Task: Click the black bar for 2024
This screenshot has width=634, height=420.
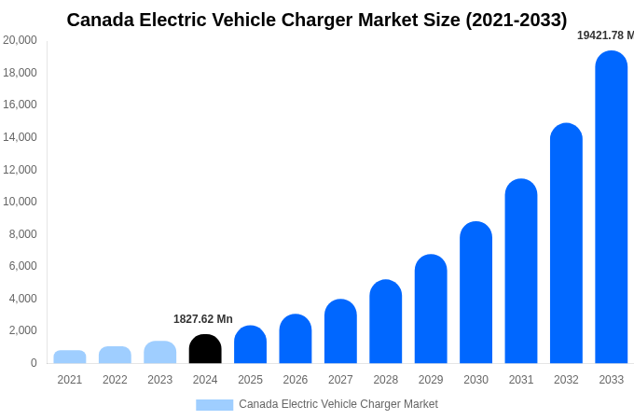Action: (205, 349)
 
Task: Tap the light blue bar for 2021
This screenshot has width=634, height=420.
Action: (70, 357)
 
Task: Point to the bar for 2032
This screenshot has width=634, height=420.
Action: (566, 244)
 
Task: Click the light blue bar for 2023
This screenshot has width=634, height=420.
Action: (160, 352)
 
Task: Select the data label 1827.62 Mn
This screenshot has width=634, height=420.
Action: (203, 319)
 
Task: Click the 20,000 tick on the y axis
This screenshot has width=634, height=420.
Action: (21, 40)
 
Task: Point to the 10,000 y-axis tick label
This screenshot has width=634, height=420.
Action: (21, 202)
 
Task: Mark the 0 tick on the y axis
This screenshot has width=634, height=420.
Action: (34, 363)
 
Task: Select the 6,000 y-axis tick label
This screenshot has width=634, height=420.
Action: (23, 266)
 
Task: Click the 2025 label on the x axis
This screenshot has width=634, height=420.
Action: (250, 380)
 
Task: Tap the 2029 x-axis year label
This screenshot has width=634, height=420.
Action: (431, 380)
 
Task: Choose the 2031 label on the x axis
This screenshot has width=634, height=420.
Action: (521, 380)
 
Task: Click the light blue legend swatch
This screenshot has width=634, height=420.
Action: (214, 404)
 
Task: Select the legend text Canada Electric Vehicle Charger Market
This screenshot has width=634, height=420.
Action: (338, 404)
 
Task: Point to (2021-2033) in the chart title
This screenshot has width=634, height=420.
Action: (517, 20)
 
